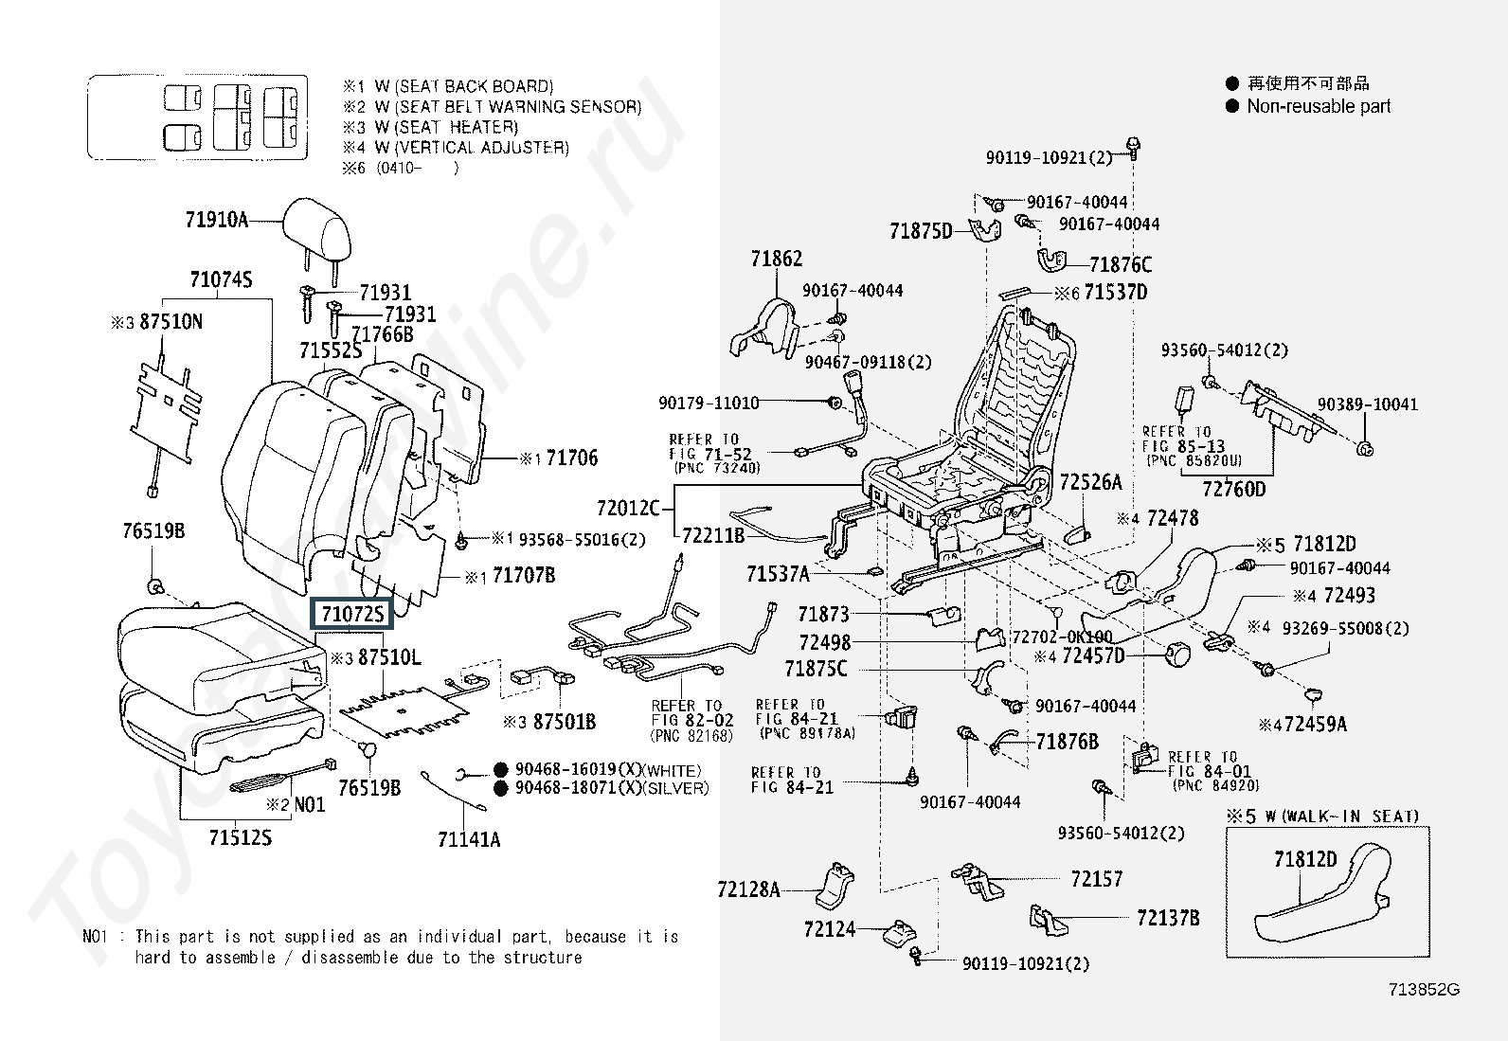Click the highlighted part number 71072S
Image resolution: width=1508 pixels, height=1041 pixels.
coord(351,614)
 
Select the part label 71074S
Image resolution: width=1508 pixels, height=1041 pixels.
coord(221,279)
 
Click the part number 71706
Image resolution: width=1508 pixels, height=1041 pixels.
coord(572,458)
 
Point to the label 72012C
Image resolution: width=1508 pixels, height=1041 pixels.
coord(628,509)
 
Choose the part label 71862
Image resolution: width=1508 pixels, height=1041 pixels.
coord(777,259)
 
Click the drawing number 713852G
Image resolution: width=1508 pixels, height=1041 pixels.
coord(1424,990)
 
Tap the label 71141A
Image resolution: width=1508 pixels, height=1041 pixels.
coord(469,839)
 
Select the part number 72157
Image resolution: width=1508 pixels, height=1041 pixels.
coord(1096,879)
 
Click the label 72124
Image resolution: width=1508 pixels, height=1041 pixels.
coord(830,929)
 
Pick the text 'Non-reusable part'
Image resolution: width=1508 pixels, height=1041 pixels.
coord(1319,106)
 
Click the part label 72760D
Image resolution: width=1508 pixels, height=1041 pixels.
coord(1233,489)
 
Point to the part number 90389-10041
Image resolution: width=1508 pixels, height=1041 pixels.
coord(1368,404)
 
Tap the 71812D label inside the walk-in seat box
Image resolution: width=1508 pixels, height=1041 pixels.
coord(1305,859)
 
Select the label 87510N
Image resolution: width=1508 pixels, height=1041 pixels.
coord(171,322)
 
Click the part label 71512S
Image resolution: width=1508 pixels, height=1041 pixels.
coord(241,837)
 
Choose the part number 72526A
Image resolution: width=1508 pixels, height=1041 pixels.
coord(1090,482)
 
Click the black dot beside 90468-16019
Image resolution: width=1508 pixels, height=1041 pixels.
coord(500,770)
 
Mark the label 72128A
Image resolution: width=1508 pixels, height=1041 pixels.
coord(749,889)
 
